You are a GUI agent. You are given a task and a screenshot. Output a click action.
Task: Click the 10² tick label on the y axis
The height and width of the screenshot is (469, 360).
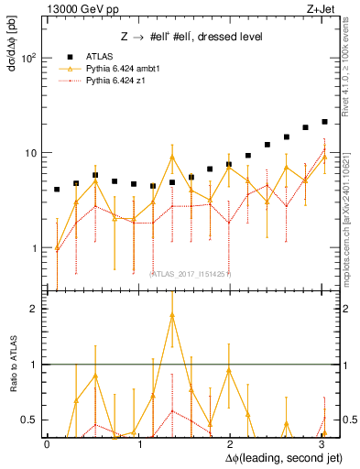[x=28, y=58]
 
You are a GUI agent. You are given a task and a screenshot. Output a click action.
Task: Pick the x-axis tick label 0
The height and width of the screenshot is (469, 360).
[x=47, y=444]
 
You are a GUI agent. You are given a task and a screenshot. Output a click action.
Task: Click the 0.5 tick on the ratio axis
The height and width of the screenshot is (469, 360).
[x=28, y=420]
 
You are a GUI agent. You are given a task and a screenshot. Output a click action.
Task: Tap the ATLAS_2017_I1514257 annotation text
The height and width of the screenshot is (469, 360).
[x=191, y=274]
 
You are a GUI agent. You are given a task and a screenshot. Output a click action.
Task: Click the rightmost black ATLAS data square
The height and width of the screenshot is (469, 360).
[x=324, y=121]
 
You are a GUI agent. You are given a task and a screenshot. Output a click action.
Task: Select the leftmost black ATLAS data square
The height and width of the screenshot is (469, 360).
[x=57, y=190]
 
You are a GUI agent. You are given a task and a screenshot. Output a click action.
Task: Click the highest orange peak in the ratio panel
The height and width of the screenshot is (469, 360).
[x=172, y=315]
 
